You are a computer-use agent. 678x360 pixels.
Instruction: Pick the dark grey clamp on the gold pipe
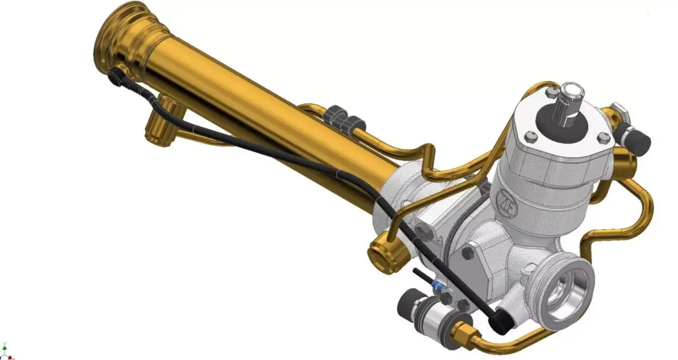(x=345, y=118)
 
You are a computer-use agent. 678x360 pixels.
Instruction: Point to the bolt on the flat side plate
(x=467, y=254)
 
